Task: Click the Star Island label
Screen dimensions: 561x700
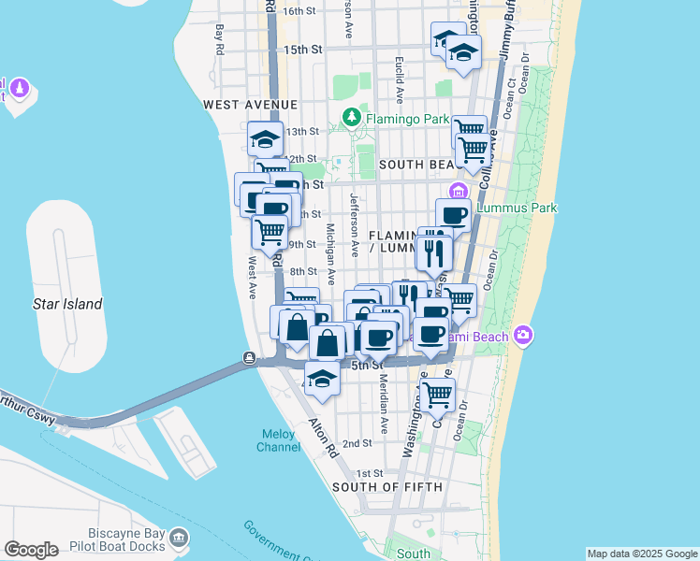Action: point(67,304)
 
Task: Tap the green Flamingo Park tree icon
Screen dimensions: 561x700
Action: point(351,118)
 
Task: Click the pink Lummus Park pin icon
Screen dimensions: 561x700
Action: point(459,193)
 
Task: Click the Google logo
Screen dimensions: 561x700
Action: point(30,550)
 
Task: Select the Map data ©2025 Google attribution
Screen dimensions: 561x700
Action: point(643,554)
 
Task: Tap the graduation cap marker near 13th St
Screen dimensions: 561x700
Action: point(265,139)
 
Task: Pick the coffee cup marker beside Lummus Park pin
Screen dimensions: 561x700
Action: point(453,215)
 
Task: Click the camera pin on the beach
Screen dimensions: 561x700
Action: point(522,334)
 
